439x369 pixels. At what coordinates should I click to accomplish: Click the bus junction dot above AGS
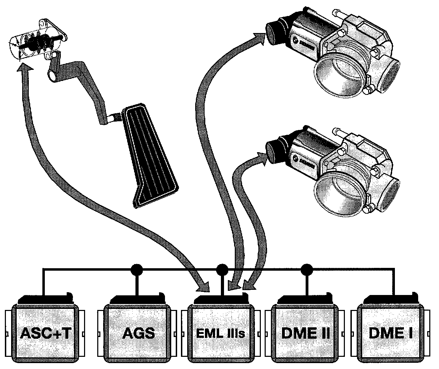tap(138, 269)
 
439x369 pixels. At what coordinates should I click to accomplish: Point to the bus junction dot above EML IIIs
tap(222, 269)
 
